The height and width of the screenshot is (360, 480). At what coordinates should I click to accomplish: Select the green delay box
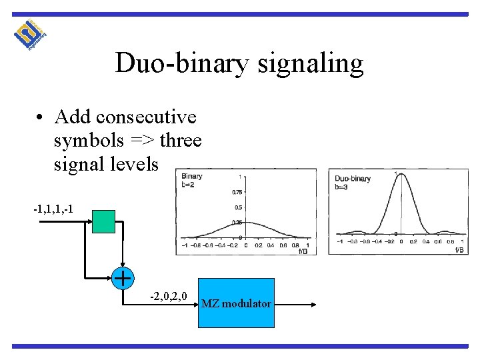tap(103, 221)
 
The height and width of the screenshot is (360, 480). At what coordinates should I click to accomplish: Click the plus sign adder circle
tap(122, 277)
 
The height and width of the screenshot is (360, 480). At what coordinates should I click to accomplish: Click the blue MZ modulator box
tap(237, 303)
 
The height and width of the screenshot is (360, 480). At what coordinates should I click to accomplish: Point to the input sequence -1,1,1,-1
tap(53, 211)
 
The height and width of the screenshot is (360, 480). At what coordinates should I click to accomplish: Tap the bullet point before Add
tap(41, 118)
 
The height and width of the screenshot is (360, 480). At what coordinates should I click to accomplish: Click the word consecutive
tap(147, 117)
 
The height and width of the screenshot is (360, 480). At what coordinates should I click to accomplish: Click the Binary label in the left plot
tap(192, 177)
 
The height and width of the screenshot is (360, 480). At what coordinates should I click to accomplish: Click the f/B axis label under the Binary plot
tap(302, 251)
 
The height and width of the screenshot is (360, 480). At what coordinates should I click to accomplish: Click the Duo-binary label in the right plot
tap(353, 179)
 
